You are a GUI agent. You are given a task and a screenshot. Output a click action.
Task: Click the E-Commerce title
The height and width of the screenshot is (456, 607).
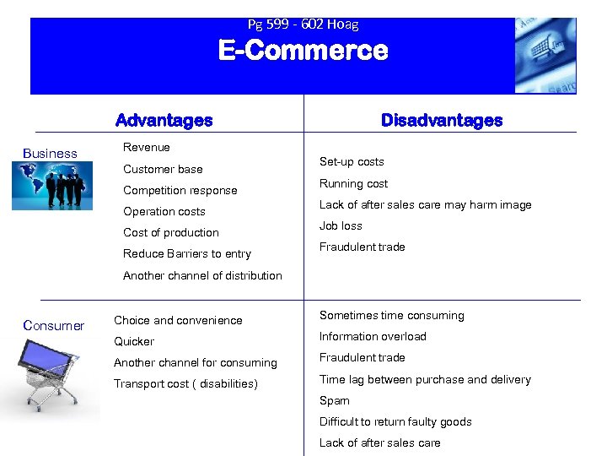[x=303, y=52]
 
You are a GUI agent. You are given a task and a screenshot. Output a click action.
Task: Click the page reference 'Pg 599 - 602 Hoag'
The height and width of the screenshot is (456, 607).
[x=303, y=24]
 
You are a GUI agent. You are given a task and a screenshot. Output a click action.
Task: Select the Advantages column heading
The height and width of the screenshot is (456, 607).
[x=164, y=121]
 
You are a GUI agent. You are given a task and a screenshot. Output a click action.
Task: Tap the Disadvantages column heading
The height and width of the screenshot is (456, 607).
[x=441, y=121]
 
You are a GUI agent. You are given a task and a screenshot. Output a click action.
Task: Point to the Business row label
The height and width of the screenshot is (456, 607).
[x=51, y=154]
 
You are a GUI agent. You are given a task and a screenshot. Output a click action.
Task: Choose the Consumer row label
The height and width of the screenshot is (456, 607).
[x=54, y=326]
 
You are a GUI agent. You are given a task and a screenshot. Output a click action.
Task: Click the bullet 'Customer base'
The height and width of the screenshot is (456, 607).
[x=163, y=169]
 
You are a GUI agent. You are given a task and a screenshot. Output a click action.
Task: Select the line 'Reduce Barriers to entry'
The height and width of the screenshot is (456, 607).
[x=187, y=253]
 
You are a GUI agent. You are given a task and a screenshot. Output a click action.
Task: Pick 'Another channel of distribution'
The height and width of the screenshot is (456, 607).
[x=202, y=275]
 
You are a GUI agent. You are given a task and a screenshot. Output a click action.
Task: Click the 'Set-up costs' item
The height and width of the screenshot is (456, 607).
[x=352, y=161]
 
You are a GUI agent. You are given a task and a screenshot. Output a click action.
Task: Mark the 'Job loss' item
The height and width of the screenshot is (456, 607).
[x=341, y=225]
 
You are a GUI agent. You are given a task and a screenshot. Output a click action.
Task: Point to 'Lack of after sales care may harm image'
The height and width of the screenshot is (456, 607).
[x=425, y=204]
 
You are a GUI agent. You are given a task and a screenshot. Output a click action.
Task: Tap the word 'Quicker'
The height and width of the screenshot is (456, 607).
[x=134, y=341]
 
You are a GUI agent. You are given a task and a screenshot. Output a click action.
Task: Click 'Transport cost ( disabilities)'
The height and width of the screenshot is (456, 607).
[x=185, y=384]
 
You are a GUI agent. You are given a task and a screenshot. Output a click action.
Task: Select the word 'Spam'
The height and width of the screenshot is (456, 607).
[x=334, y=400]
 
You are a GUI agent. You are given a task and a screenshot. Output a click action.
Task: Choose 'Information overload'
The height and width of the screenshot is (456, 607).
[x=373, y=336]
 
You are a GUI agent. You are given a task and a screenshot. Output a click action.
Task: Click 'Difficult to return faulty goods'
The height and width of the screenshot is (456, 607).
[x=395, y=421]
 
